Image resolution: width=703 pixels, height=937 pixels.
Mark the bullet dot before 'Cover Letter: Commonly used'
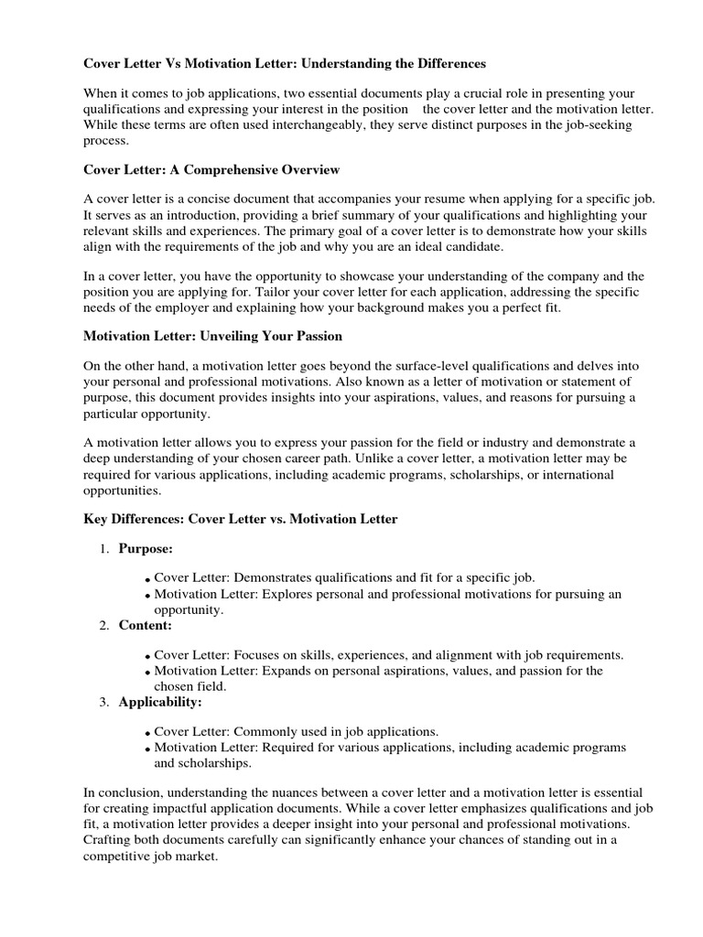147,733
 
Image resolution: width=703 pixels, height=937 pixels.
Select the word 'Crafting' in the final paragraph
109,839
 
